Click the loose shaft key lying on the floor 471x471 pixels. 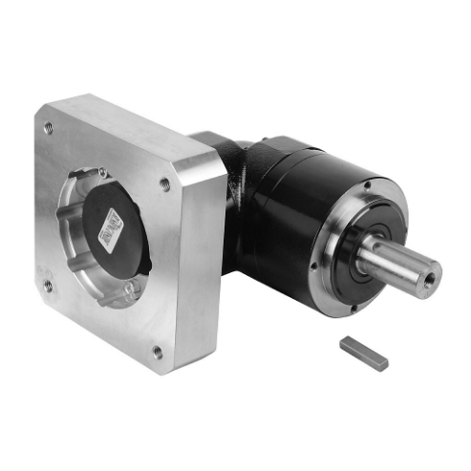click(364, 353)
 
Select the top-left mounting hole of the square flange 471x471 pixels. click(47, 127)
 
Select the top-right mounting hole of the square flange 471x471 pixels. click(165, 183)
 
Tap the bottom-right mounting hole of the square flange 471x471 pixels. click(158, 352)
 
